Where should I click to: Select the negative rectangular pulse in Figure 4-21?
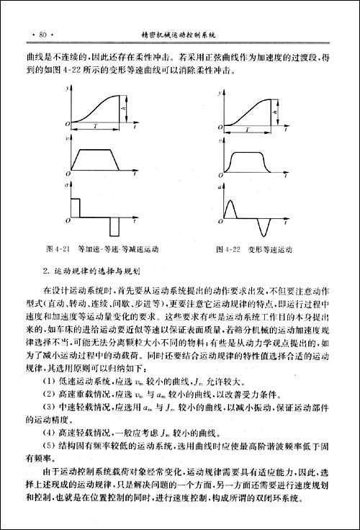click(x=114, y=226)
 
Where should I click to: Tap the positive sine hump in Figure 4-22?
click(x=232, y=206)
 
